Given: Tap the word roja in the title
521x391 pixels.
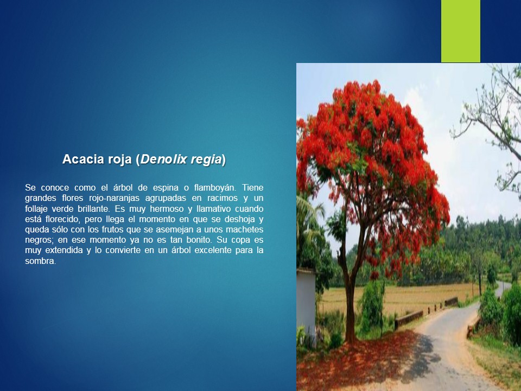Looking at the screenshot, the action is point(119,160).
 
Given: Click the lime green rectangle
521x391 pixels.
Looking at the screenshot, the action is point(461,31).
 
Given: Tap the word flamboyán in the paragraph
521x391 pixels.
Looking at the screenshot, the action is point(215,187).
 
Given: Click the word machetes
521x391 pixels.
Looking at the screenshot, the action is point(245,229).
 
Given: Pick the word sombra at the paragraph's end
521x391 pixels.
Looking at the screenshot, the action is point(41,261).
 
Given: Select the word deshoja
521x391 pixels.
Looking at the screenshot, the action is point(239,219).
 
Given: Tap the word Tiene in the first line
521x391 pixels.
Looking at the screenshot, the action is point(252,187).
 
